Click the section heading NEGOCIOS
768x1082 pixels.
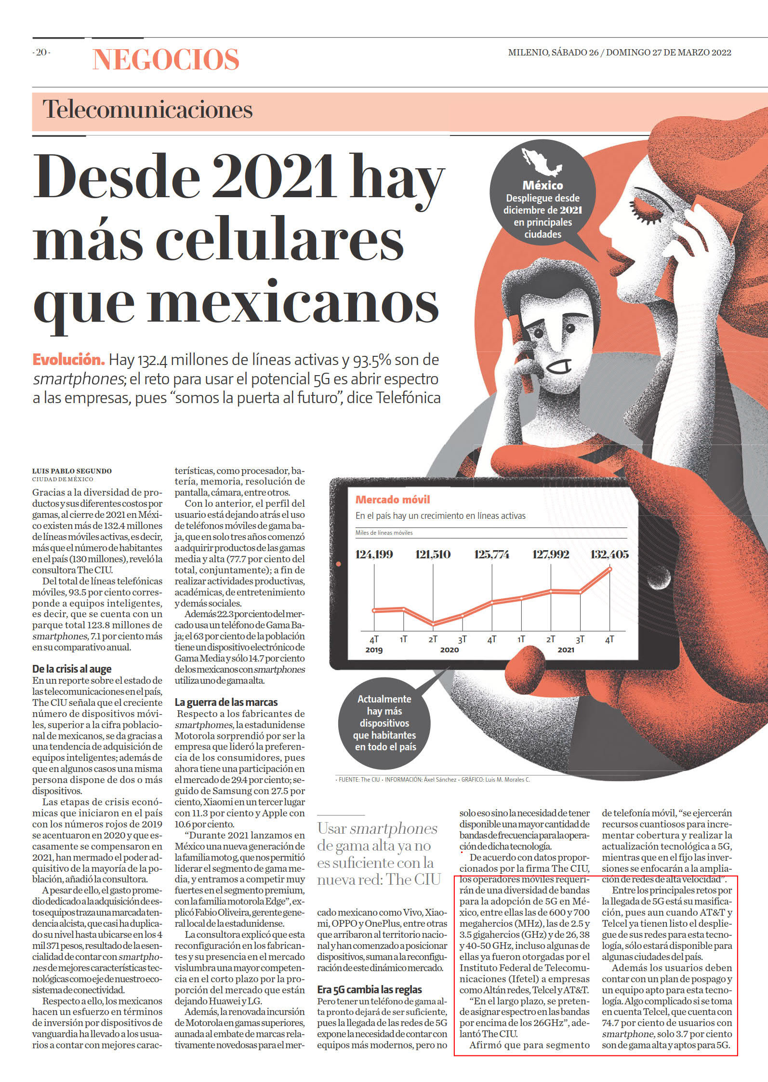(x=166, y=59)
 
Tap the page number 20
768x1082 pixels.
(x=41, y=53)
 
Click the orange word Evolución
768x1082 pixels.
(x=68, y=359)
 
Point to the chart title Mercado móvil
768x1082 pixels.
(x=393, y=500)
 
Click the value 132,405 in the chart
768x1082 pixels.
(x=609, y=555)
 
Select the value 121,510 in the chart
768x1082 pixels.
(x=433, y=555)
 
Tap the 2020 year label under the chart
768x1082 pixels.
(x=450, y=650)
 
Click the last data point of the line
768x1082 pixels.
(x=610, y=569)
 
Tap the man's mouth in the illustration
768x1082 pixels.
(x=561, y=367)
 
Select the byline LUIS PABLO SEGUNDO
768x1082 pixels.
(x=72, y=471)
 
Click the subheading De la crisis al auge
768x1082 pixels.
(x=72, y=669)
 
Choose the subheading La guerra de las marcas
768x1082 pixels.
(x=226, y=702)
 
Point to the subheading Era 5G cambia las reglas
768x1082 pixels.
(x=370, y=989)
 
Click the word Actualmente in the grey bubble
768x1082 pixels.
(x=384, y=699)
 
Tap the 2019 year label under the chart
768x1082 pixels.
(x=374, y=650)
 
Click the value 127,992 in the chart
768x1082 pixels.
(x=551, y=555)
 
